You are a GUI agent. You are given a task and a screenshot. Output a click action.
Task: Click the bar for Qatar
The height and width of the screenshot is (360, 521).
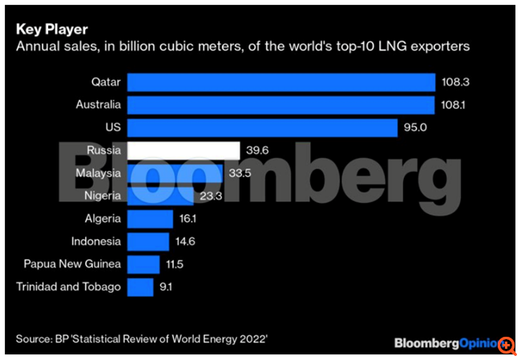pyautogui.click(x=281, y=82)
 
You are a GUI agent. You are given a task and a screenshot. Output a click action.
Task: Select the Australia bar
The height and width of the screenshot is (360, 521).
pyautogui.click(x=281, y=105)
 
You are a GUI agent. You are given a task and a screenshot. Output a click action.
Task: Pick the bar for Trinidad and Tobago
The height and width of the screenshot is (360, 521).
pyautogui.click(x=140, y=287)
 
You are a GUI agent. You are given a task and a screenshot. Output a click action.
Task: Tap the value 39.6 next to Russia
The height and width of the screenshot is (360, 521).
pyautogui.click(x=257, y=151)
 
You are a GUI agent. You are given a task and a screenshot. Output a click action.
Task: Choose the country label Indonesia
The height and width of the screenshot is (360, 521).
pyautogui.click(x=95, y=241)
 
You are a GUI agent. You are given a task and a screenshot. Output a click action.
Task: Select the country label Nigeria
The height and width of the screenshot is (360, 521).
pyautogui.click(x=103, y=196)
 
